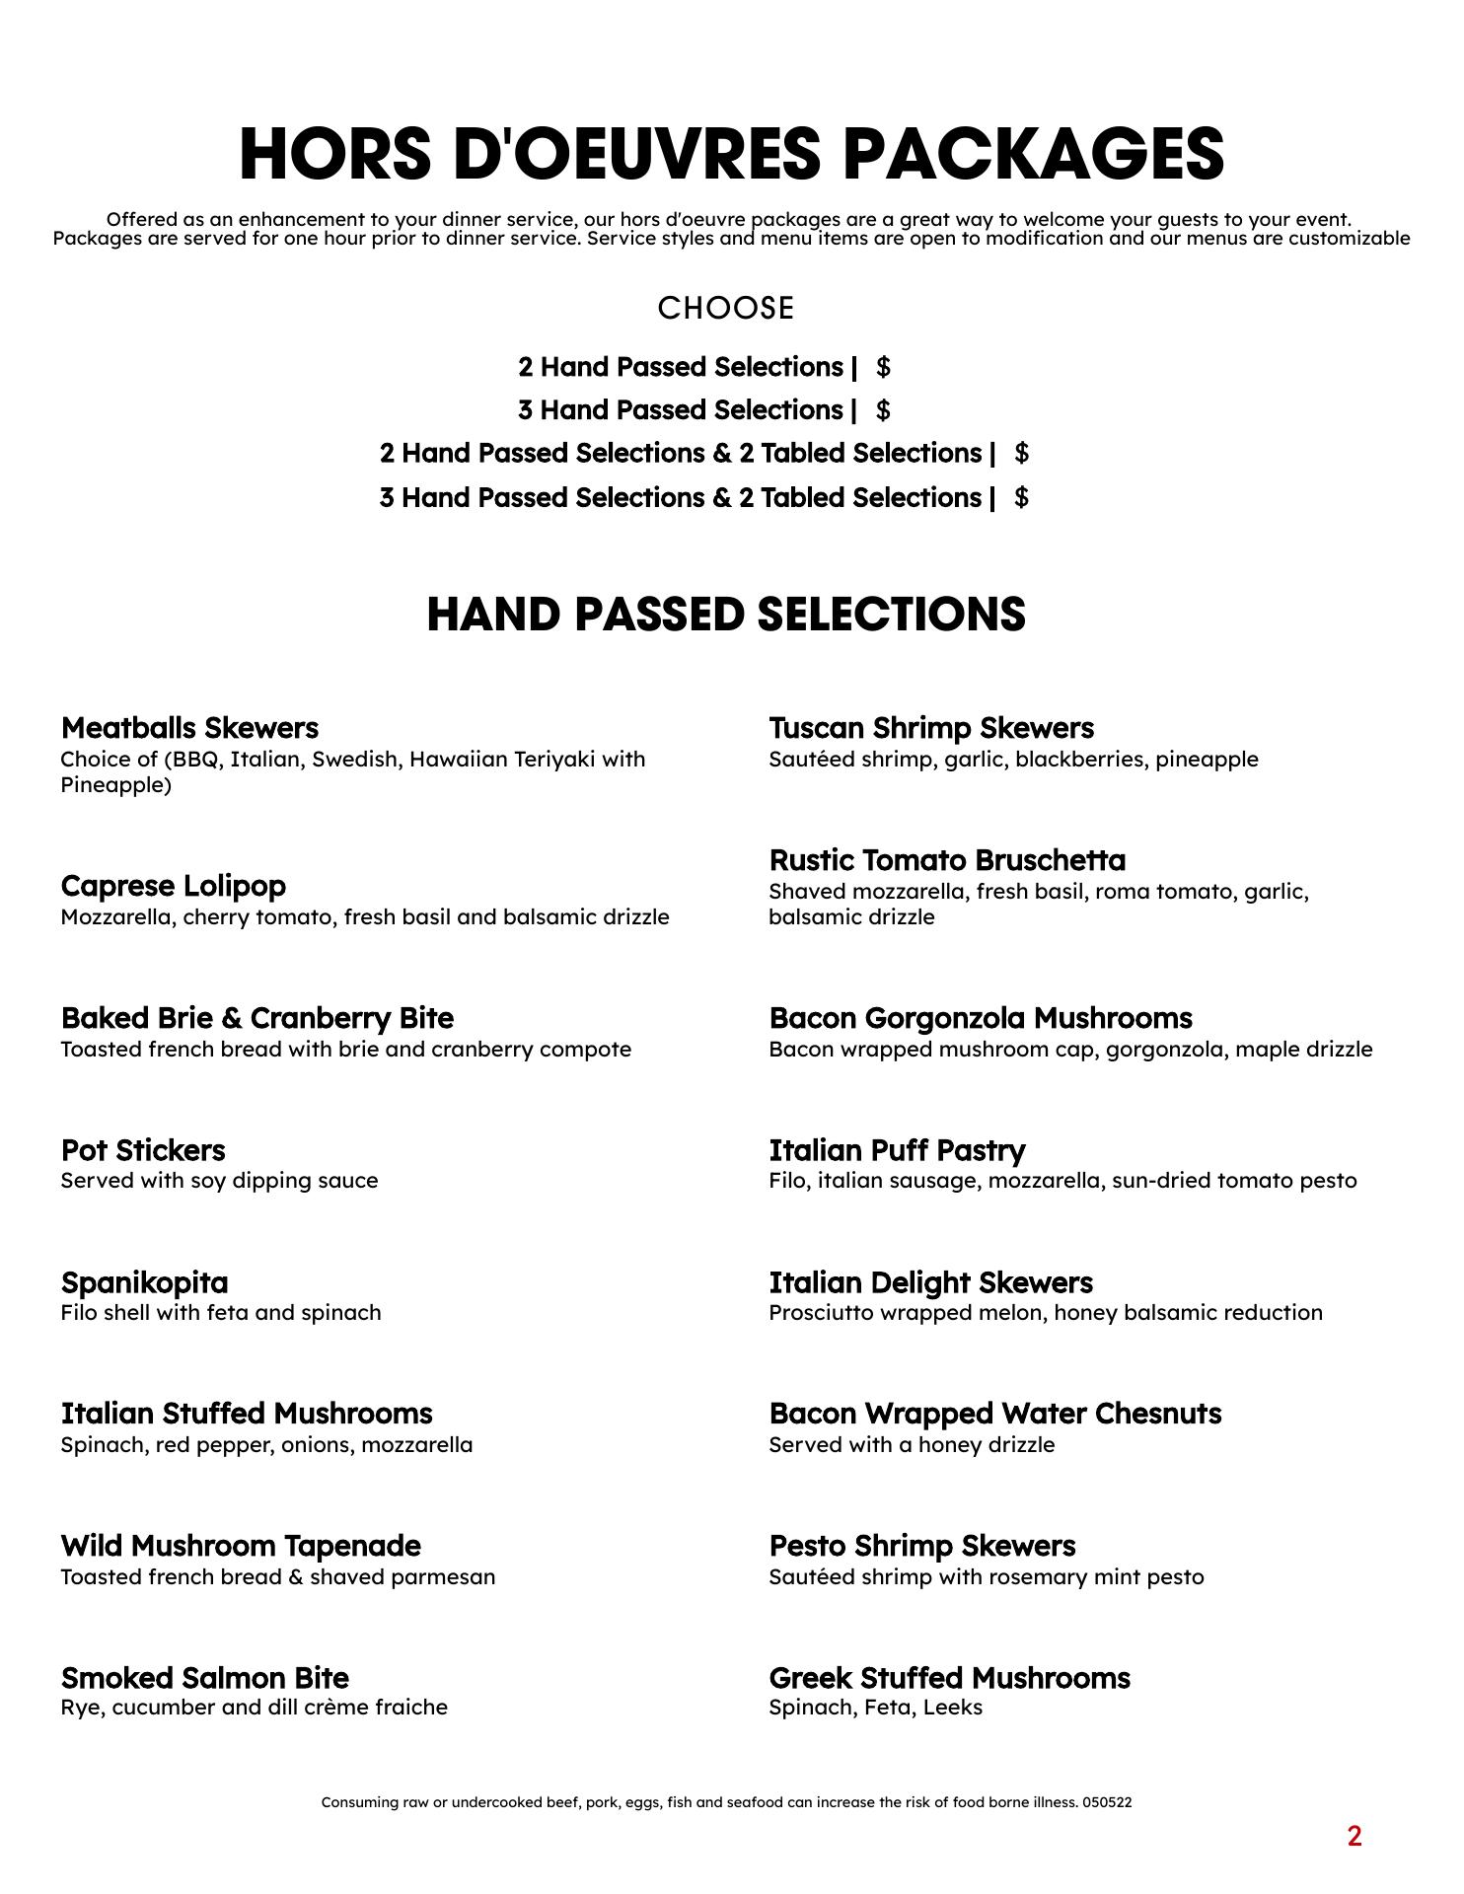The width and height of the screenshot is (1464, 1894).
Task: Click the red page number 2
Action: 1354,1837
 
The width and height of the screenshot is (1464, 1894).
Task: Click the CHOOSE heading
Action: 726,309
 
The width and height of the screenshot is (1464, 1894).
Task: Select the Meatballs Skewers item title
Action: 189,728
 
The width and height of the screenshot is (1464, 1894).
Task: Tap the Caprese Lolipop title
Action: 174,886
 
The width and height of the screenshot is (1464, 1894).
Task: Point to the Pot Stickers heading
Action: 143,1150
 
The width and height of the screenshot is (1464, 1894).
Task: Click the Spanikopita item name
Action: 144,1282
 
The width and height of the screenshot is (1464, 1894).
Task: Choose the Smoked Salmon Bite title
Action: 205,1678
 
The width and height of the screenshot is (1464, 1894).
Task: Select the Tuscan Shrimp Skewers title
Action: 931,728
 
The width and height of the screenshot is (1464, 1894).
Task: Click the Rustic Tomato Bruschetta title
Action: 947,860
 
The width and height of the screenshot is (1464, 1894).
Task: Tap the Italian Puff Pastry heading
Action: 897,1150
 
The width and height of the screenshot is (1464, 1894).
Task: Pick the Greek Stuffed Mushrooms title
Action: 949,1678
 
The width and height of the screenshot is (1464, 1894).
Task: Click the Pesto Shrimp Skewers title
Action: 921,1546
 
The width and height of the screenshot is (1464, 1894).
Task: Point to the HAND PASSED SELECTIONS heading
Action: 726,614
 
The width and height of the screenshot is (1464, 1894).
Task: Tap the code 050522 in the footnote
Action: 1107,1802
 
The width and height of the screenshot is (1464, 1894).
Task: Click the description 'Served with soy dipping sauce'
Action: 219,1181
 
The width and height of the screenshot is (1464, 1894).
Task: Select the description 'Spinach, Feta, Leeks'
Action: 875,1708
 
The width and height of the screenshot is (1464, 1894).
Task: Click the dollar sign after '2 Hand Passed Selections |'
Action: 883,368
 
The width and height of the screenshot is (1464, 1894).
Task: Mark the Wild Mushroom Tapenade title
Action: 241,1546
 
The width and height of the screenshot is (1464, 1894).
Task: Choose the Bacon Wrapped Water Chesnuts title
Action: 994,1414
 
